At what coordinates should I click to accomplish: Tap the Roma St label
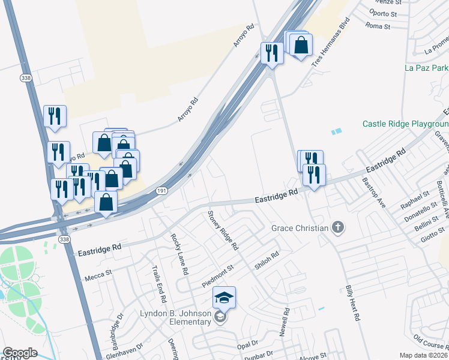click(378, 26)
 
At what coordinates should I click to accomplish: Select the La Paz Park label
click(426, 68)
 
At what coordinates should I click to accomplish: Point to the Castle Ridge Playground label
click(405, 124)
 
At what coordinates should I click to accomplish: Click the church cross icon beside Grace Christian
click(339, 227)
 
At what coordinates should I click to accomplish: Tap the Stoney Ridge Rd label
click(223, 230)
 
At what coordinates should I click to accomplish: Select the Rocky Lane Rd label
click(179, 254)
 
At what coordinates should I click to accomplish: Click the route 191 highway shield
click(163, 190)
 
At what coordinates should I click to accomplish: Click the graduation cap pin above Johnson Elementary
click(224, 298)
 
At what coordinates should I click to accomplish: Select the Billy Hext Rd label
click(352, 302)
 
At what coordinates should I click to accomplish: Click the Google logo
click(20, 353)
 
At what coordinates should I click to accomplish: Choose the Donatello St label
click(416, 215)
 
